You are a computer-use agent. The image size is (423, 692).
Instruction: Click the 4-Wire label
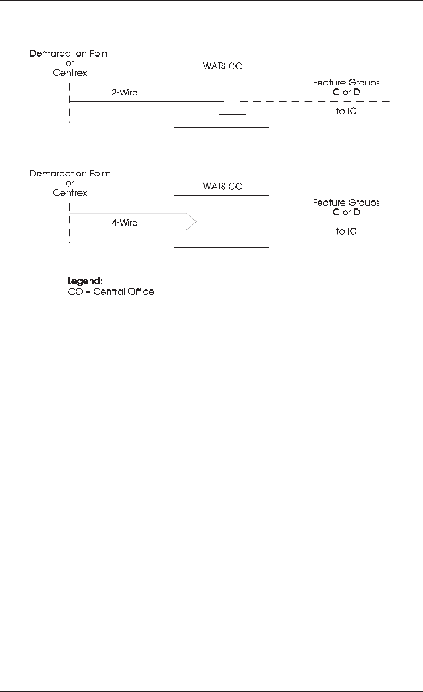pos(124,222)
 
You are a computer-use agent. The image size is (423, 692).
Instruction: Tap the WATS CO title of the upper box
pos(221,67)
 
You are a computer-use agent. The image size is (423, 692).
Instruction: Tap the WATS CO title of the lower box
pos(221,187)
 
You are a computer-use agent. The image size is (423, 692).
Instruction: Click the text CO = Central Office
pos(111,292)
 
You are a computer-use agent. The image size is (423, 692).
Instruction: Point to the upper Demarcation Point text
pos(70,53)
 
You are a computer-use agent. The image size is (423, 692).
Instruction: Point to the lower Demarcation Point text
pos(70,174)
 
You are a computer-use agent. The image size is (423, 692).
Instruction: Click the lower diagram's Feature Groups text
pos(346,203)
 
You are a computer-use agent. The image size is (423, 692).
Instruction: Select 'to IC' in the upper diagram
pos(346,111)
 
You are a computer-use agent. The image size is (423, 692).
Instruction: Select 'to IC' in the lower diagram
pos(346,231)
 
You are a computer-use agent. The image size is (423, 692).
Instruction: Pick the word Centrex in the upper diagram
pos(70,73)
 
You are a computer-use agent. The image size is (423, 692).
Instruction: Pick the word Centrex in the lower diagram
pos(70,192)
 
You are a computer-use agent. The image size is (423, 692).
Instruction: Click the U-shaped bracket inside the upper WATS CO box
pos(233,114)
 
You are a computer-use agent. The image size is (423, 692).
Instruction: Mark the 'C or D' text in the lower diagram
pos(346,212)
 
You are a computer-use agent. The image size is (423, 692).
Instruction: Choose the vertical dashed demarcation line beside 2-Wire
pos(70,101)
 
